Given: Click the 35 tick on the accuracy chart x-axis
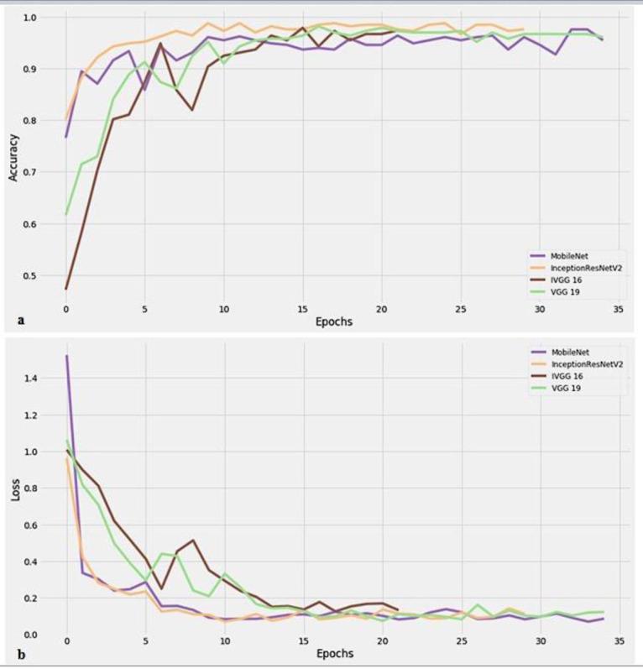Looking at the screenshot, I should (x=618, y=309).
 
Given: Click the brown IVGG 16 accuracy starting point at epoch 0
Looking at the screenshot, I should (x=66, y=289).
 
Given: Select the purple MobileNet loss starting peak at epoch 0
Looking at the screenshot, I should (x=66, y=356).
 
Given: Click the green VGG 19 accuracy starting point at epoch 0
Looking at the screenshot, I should (x=66, y=214).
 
